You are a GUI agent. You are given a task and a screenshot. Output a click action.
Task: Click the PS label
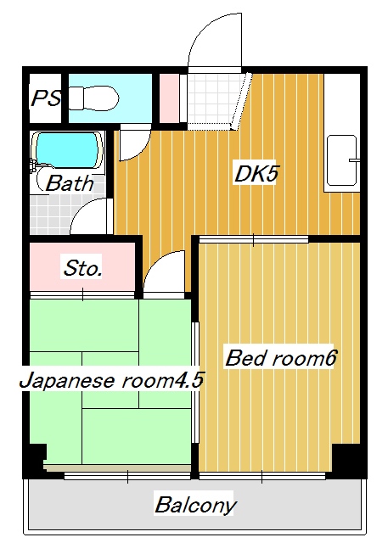[47, 99]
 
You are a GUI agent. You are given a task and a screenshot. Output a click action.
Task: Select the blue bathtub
[66, 150]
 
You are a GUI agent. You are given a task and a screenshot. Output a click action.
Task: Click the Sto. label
[83, 269]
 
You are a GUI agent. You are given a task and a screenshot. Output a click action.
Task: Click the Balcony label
[194, 506]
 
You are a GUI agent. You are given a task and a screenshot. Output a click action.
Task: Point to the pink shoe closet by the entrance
[169, 100]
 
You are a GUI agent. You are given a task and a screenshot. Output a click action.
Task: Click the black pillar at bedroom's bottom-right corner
[346, 460]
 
